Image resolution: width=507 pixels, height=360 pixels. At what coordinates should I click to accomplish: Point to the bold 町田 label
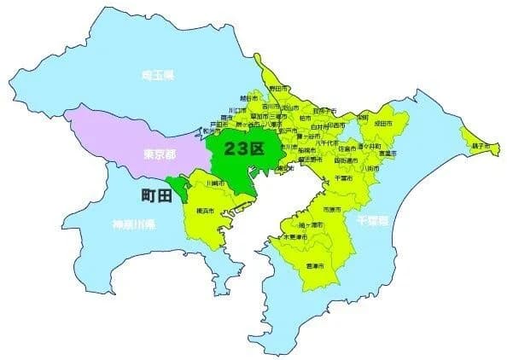(155, 196)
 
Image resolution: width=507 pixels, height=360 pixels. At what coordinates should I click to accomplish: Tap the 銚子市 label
(484, 147)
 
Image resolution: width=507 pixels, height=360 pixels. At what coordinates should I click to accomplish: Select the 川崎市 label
(216, 183)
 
